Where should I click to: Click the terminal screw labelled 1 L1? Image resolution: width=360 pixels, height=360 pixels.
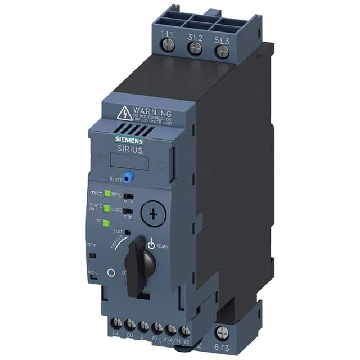pyautogui.click(x=167, y=47)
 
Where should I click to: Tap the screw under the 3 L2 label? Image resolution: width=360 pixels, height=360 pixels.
pyautogui.click(x=195, y=49)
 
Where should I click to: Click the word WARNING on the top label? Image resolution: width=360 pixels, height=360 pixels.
pyautogui.click(x=152, y=111)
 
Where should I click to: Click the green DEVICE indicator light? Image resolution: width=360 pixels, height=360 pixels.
pyautogui.click(x=107, y=194)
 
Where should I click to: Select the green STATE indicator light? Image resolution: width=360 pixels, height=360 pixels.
pyautogui.click(x=106, y=209)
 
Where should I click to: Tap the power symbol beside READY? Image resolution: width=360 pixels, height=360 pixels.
pyautogui.click(x=151, y=244)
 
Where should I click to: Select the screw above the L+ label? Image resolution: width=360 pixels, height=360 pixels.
pyautogui.click(x=118, y=324)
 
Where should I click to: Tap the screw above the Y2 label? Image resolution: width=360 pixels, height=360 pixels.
pyautogui.click(x=184, y=330)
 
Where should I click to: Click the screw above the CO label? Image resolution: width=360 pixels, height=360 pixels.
pyautogui.click(x=131, y=325)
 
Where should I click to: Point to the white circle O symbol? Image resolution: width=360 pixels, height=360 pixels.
pyautogui.click(x=111, y=272)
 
